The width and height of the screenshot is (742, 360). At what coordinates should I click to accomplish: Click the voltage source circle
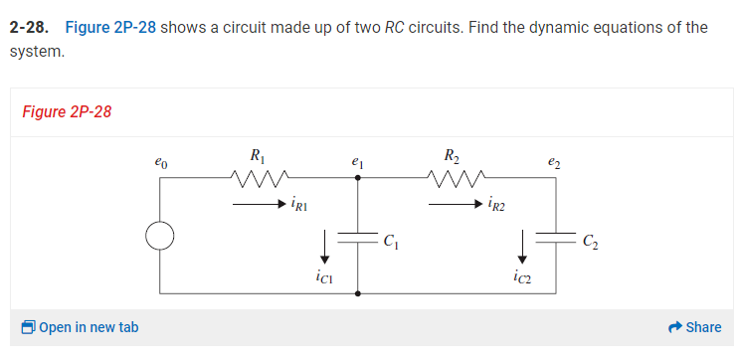(x=159, y=236)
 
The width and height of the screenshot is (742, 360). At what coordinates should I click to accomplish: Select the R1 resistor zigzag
(x=259, y=180)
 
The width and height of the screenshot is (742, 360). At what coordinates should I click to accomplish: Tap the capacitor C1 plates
(x=358, y=238)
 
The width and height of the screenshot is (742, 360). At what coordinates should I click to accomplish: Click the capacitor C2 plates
(x=557, y=238)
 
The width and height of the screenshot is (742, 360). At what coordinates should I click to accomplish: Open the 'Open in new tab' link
(x=80, y=327)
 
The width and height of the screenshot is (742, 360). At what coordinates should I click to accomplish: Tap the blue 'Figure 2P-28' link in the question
(x=109, y=27)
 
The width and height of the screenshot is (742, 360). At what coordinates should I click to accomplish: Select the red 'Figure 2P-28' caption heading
(x=67, y=110)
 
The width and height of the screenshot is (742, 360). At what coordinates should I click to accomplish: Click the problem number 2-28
(x=31, y=27)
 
